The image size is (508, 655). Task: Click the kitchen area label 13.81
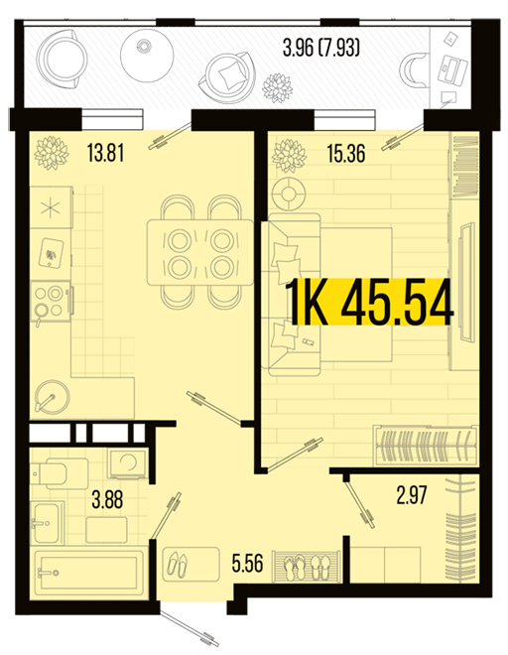pos(106,153)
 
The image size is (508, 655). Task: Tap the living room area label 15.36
pos(346,153)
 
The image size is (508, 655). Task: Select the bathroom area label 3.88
pos(107,499)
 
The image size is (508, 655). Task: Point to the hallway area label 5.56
pos(247,563)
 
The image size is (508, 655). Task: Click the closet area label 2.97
pos(412,495)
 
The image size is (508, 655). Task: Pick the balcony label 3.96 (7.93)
pos(321,48)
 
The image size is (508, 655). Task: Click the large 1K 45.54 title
pos(370,302)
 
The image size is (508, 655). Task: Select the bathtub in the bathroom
pos(87,574)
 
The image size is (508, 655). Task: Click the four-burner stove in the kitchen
pos(51,301)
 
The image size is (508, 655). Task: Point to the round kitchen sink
pos(52,396)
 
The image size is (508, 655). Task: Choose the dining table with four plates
pos(200,253)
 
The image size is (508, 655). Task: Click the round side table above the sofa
pos(288,194)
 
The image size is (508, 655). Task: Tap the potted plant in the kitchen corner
pos(51,152)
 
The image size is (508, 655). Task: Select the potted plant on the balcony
pos(277,88)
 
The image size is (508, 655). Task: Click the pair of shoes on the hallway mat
pos(178,564)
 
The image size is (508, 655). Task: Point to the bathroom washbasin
pos(48,523)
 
